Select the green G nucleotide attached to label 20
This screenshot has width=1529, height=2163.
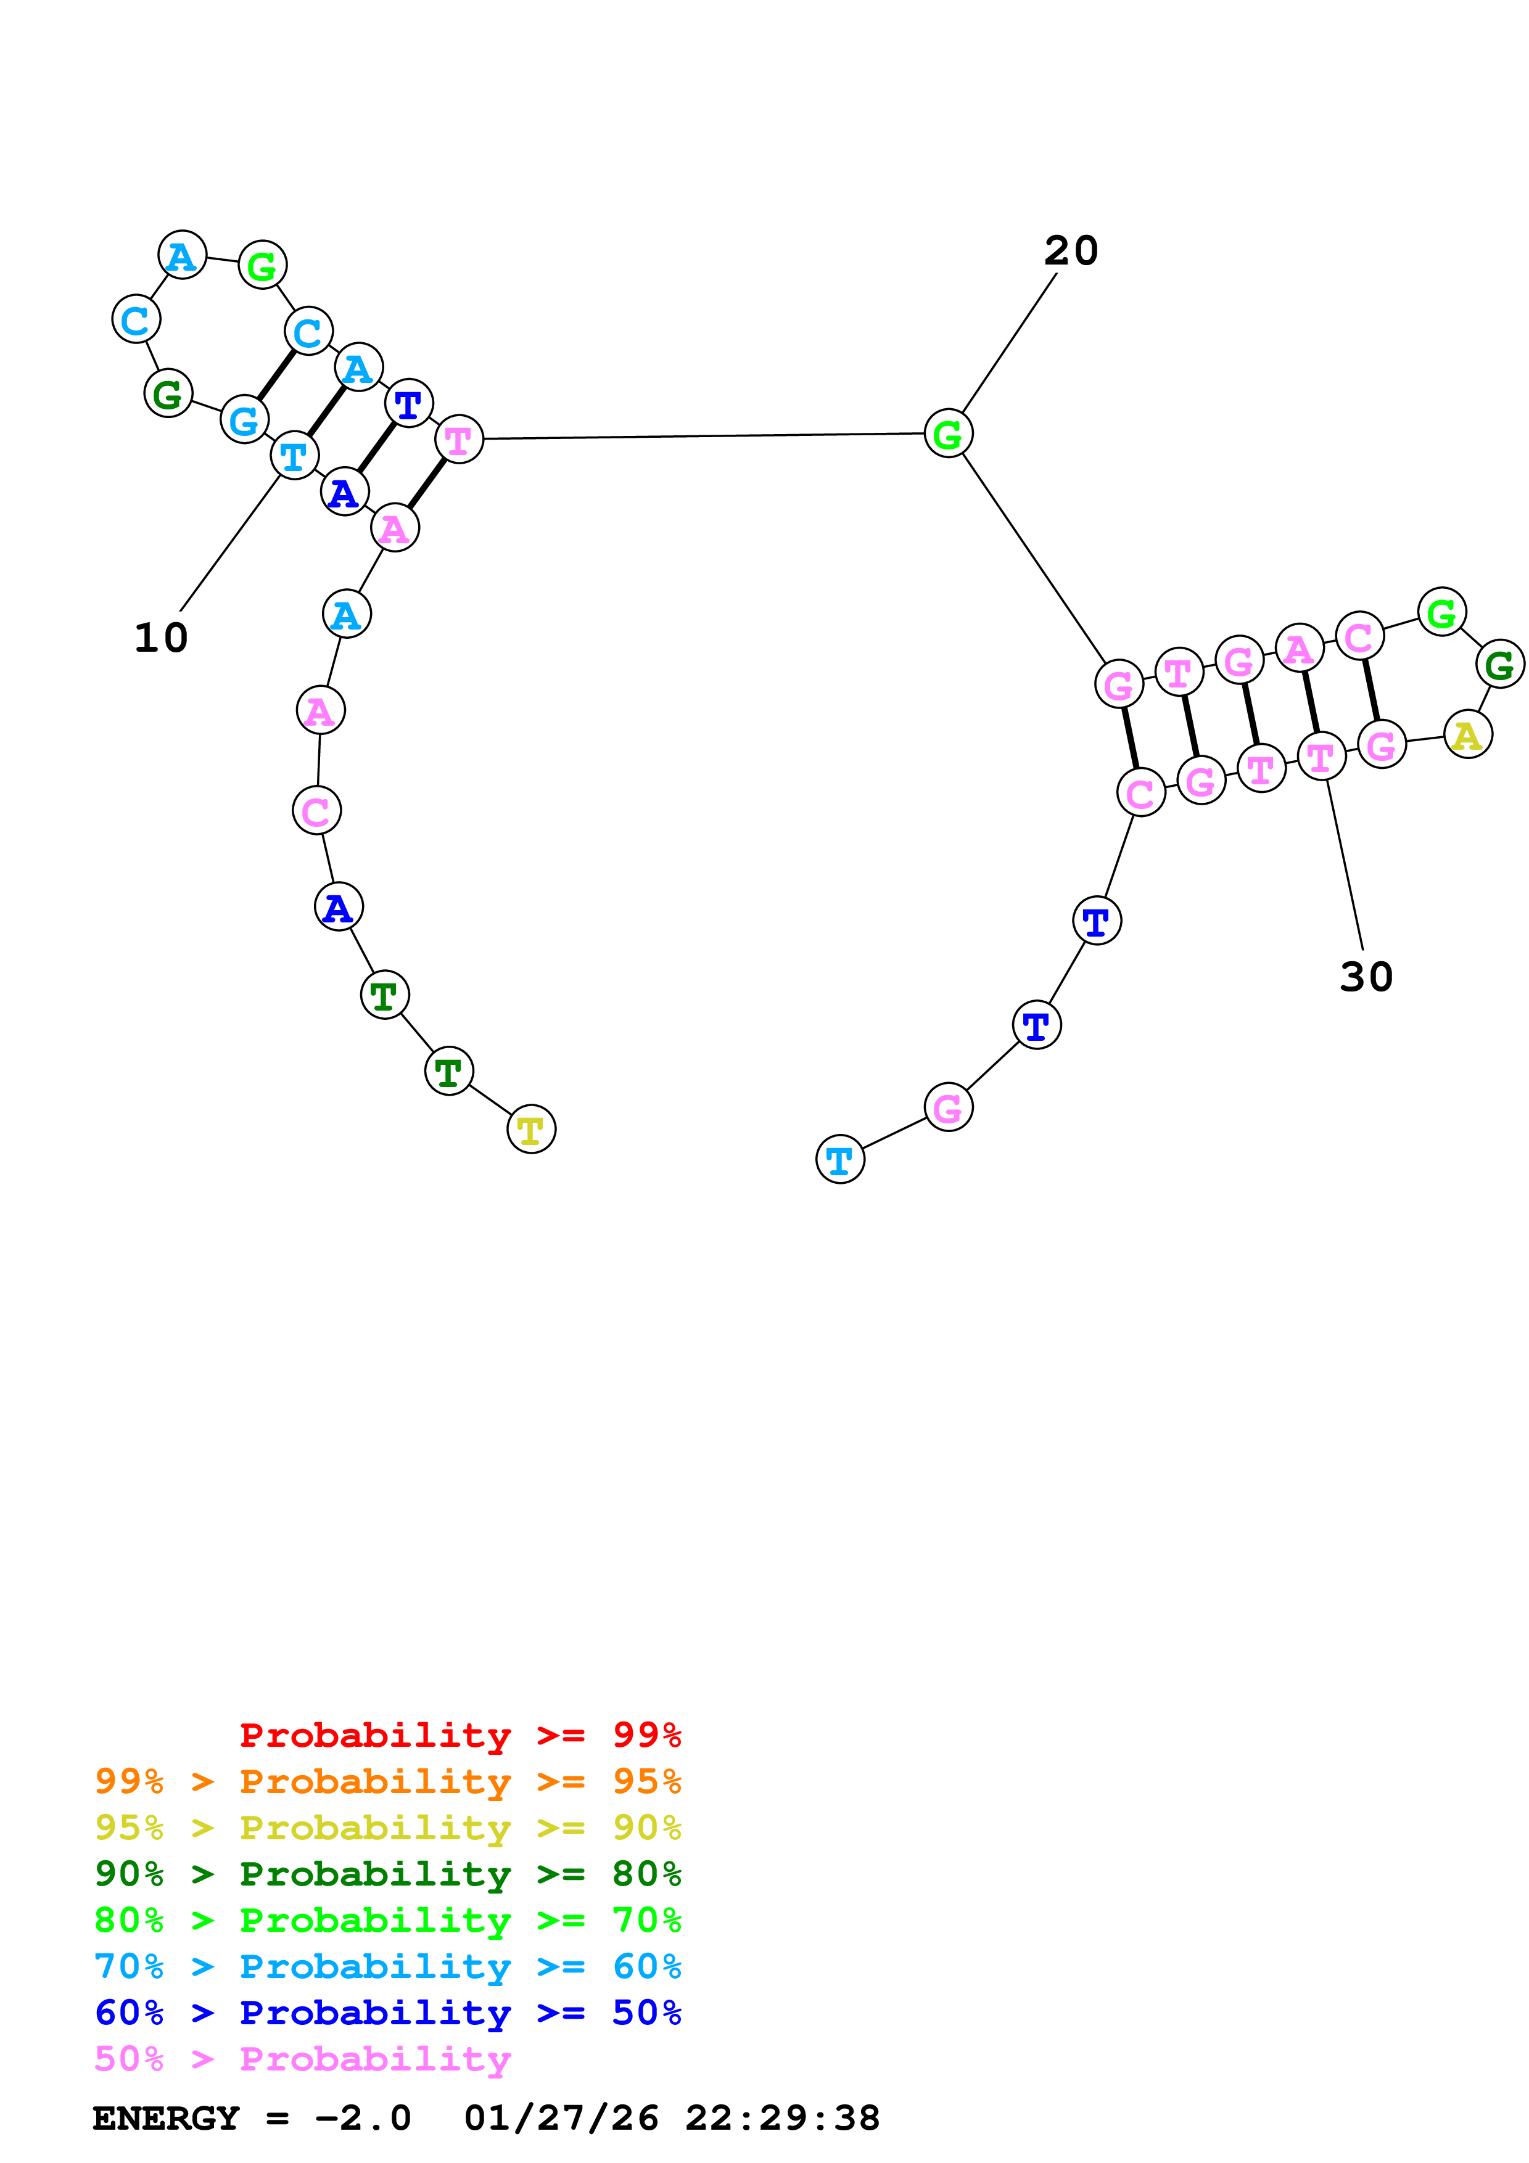point(948,433)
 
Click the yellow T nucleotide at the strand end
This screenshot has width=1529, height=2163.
point(531,1130)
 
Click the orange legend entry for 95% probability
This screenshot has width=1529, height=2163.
point(388,1781)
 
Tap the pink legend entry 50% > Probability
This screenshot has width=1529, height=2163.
point(302,2058)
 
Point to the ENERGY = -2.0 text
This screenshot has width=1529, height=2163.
point(252,2119)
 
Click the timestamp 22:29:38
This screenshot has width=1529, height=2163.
point(782,2119)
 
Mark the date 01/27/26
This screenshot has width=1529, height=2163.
point(561,2119)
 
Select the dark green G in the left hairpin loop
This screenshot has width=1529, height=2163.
point(168,394)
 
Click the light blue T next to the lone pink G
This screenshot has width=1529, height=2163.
point(839,1160)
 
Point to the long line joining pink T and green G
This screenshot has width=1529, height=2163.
point(703,436)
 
